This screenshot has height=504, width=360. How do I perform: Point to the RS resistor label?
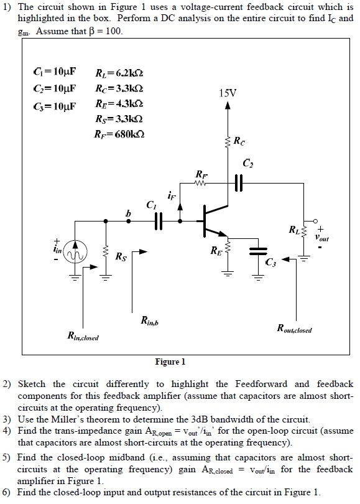tap(119, 255)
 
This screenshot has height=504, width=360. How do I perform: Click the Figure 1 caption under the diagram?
tap(170, 362)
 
